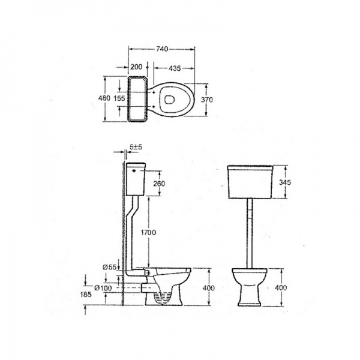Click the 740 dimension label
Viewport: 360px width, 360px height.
coord(162,49)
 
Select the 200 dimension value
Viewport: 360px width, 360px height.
coord(136,67)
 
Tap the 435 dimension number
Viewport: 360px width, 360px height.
coord(175,68)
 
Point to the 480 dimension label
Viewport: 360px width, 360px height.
coord(104,98)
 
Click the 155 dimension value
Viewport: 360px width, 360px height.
coord(119,98)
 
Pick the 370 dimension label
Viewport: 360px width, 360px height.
coord(206,100)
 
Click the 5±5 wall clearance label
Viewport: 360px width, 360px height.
coord(136,147)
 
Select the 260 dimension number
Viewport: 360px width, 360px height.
coord(159,184)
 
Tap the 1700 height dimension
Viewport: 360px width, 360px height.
coord(148,232)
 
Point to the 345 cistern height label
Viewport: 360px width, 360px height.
coord(285,182)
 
